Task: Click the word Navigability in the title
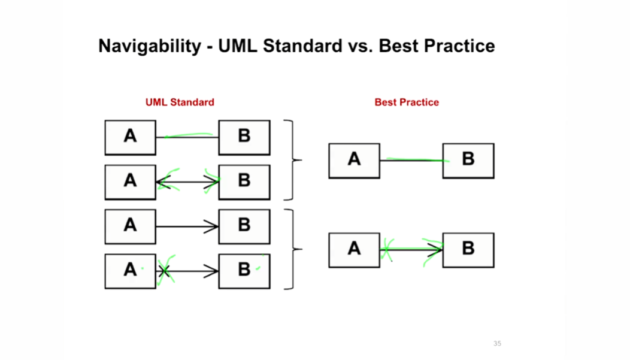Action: (149, 46)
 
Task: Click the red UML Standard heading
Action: (180, 102)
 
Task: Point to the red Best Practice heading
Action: (407, 102)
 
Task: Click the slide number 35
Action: (497, 343)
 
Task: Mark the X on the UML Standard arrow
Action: (165, 272)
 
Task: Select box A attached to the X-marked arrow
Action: (130, 271)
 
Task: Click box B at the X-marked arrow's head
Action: (244, 271)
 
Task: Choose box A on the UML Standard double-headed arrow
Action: (130, 181)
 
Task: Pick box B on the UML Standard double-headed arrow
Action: (244, 181)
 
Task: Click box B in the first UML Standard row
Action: (244, 137)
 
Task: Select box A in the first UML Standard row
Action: (130, 137)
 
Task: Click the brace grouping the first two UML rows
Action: (292, 160)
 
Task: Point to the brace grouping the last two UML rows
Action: (292, 249)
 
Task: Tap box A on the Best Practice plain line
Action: (354, 161)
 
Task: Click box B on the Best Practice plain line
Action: (468, 161)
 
